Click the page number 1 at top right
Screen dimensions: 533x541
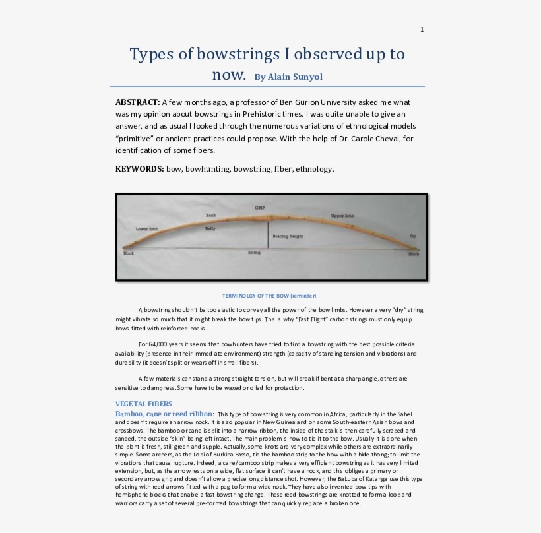click(x=422, y=29)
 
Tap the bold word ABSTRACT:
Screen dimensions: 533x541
click(x=138, y=102)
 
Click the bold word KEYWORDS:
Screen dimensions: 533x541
click(x=140, y=169)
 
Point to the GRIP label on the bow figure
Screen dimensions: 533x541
click(x=260, y=208)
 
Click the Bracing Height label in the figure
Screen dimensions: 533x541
click(x=288, y=235)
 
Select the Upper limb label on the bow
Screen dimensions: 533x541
click(x=342, y=216)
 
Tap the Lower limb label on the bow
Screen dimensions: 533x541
click(x=146, y=228)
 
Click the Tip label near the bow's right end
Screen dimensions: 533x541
click(x=412, y=235)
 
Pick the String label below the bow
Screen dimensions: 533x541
click(x=254, y=253)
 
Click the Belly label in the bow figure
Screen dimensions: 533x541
click(x=210, y=228)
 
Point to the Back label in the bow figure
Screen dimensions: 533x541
click(x=210, y=215)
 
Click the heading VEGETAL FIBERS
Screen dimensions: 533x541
click(x=143, y=403)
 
